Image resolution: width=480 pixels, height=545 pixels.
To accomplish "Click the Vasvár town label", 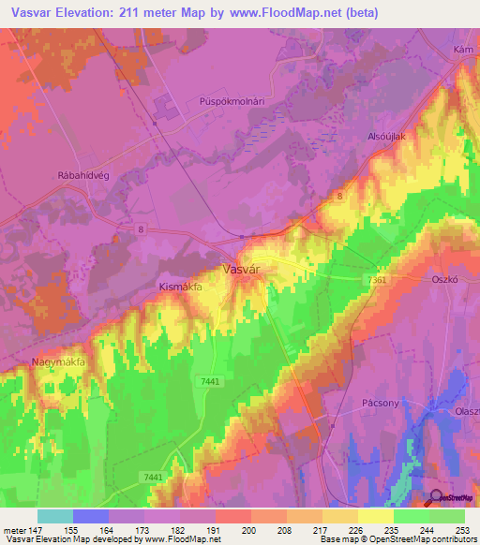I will coord(241,269).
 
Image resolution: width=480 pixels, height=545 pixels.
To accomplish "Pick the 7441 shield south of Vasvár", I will coord(209,381).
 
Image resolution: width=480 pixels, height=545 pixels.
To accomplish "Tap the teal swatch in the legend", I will coord(54,516).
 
